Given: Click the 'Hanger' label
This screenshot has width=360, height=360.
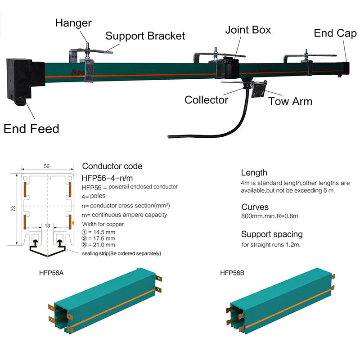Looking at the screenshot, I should point(74,22).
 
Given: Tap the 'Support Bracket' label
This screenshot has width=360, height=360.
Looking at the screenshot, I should point(145,36).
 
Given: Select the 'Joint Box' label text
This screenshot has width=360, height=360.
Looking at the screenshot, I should point(248,30).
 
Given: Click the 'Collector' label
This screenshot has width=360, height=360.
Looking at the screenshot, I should point(207,99).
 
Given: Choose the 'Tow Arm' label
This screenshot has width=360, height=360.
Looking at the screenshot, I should point(290,101).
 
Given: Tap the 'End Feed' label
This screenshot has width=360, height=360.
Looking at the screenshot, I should point(31,129).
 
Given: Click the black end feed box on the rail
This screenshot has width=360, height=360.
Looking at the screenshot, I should point(19,79).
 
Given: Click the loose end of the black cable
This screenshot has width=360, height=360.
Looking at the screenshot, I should point(169,135).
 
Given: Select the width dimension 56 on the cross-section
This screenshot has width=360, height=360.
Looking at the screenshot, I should point(47,166).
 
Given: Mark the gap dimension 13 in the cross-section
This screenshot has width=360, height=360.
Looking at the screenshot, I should point(47,225).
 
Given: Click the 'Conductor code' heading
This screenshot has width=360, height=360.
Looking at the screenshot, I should point(112,166).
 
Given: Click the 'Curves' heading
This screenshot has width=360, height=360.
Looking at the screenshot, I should point(255,207).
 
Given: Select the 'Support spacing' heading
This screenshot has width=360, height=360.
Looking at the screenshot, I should point(272,234).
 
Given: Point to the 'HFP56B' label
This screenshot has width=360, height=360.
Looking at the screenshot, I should point(232,272).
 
